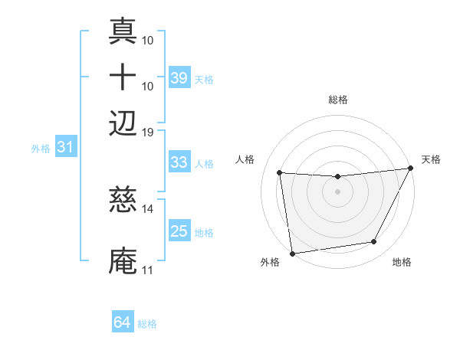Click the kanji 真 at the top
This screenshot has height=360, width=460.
123,33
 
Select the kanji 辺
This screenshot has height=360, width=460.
123,123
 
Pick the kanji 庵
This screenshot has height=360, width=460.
123,260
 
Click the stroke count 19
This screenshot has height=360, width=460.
148,132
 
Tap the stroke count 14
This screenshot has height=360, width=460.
148,208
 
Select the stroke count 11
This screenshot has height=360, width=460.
148,270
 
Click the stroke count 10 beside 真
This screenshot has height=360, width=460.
148,40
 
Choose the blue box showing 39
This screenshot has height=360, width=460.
179,77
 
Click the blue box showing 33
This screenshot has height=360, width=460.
179,162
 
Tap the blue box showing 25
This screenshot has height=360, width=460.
179,231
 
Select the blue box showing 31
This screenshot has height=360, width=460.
65,147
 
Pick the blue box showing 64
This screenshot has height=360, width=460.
123,322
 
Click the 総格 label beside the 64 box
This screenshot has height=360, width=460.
148,324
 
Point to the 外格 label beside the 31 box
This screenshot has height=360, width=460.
40,149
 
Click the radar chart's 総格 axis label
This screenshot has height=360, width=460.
338,100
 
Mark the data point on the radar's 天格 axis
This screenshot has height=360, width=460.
410,169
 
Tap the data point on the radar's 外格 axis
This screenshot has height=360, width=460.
292,253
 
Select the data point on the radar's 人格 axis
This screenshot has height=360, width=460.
280,173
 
